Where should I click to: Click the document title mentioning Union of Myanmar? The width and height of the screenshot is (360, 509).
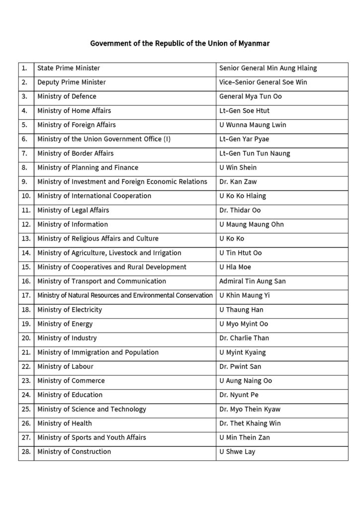pyautogui.click(x=180, y=43)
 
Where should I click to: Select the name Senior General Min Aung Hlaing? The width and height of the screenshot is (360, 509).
pyautogui.click(x=268, y=68)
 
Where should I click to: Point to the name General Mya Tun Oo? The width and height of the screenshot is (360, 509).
pyautogui.click(x=250, y=96)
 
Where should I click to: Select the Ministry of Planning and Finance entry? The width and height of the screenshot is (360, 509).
pyautogui.click(x=88, y=168)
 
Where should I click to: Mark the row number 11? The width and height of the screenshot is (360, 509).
pyautogui.click(x=25, y=210)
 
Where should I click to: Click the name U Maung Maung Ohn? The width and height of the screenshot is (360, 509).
pyautogui.click(x=251, y=224)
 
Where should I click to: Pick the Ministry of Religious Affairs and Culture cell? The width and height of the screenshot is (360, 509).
pyautogui.click(x=98, y=239)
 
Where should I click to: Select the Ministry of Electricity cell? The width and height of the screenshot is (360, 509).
pyautogui.click(x=70, y=310)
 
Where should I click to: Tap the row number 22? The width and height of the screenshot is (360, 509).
pyautogui.click(x=25, y=367)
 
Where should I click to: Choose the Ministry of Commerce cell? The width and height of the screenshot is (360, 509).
pyautogui.click(x=71, y=381)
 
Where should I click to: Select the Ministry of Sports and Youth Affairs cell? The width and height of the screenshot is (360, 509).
pyautogui.click(x=91, y=437)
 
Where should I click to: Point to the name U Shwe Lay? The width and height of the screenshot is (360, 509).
pyautogui.click(x=237, y=452)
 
